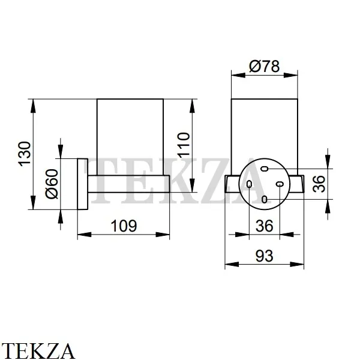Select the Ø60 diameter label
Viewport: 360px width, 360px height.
coord(52,184)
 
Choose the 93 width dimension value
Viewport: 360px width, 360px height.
coord(264,256)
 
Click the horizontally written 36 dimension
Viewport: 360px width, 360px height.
coord(264,226)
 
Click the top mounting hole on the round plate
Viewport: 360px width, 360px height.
coord(265,170)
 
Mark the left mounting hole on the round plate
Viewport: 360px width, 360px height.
coord(249,184)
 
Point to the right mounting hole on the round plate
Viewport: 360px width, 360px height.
coord(279,184)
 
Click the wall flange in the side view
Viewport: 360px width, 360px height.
coord(83,184)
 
